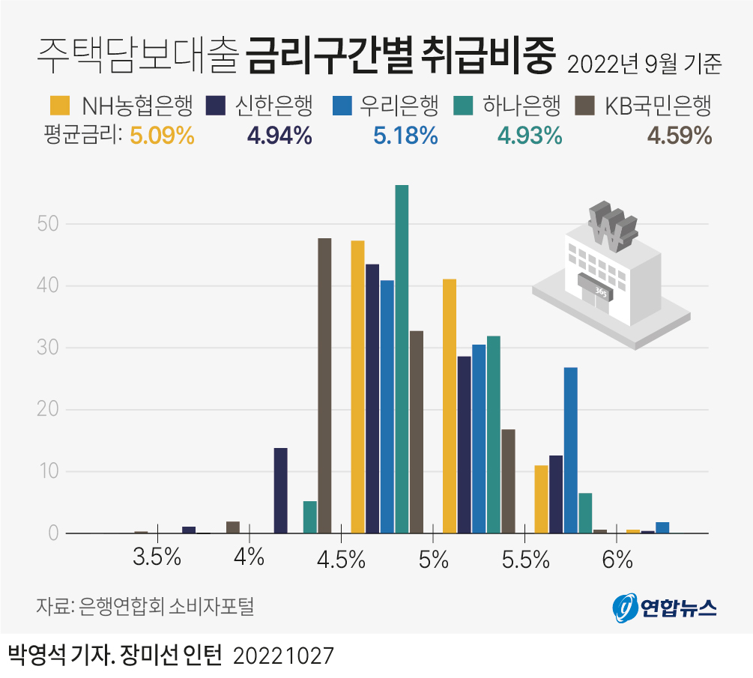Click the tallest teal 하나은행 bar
coord(402,359)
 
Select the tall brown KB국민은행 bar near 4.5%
coord(324,385)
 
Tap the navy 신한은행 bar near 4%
coord(280,490)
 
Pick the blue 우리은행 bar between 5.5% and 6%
coord(570,450)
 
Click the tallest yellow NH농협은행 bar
coord(357,387)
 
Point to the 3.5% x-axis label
coord(157,558)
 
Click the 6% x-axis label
coord(617,558)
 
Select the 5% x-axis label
coord(433,559)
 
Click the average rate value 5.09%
coord(162,136)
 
